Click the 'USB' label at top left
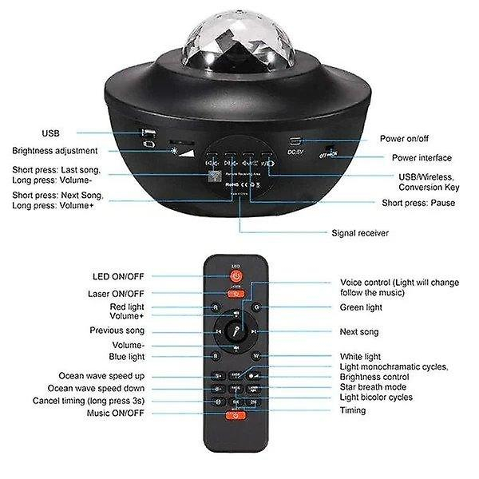50,133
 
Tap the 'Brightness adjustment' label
55,151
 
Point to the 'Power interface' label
422,158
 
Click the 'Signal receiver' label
360,234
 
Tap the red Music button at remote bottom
236,416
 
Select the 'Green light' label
361,307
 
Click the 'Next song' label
359,331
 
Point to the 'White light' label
360,356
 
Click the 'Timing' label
353,410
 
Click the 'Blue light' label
127,356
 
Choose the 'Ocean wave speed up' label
101,375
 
